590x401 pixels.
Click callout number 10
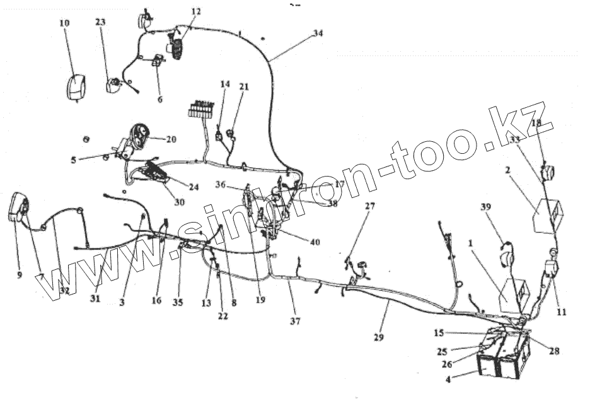click(65, 23)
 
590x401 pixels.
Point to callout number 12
click(196, 12)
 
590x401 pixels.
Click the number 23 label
click(101, 21)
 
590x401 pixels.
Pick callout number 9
click(19, 275)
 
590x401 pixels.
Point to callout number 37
click(295, 322)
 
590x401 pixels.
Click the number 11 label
click(561, 311)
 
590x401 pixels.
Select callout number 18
click(536, 124)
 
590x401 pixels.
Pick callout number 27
click(370, 206)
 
